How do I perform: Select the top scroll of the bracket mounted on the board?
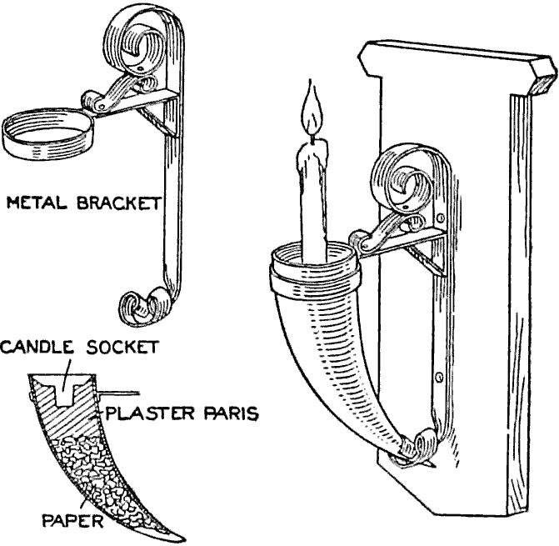(x=406, y=179)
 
